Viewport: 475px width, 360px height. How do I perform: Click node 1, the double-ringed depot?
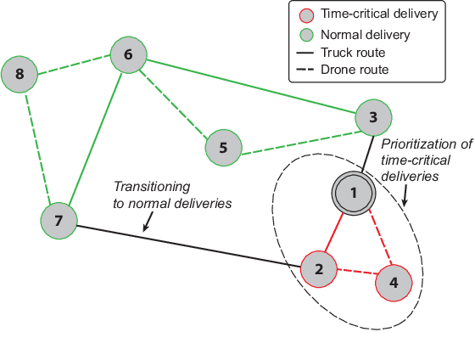[355, 194]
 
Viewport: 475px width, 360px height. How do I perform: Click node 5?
[223, 147]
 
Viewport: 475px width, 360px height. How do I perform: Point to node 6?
[128, 55]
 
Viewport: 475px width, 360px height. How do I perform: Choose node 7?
[59, 221]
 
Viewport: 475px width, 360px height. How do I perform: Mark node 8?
[20, 75]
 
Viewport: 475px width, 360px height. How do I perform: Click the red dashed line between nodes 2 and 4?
[355, 275]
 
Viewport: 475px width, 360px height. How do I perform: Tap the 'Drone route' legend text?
[355, 69]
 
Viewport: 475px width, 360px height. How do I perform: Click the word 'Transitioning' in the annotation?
[152, 186]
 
